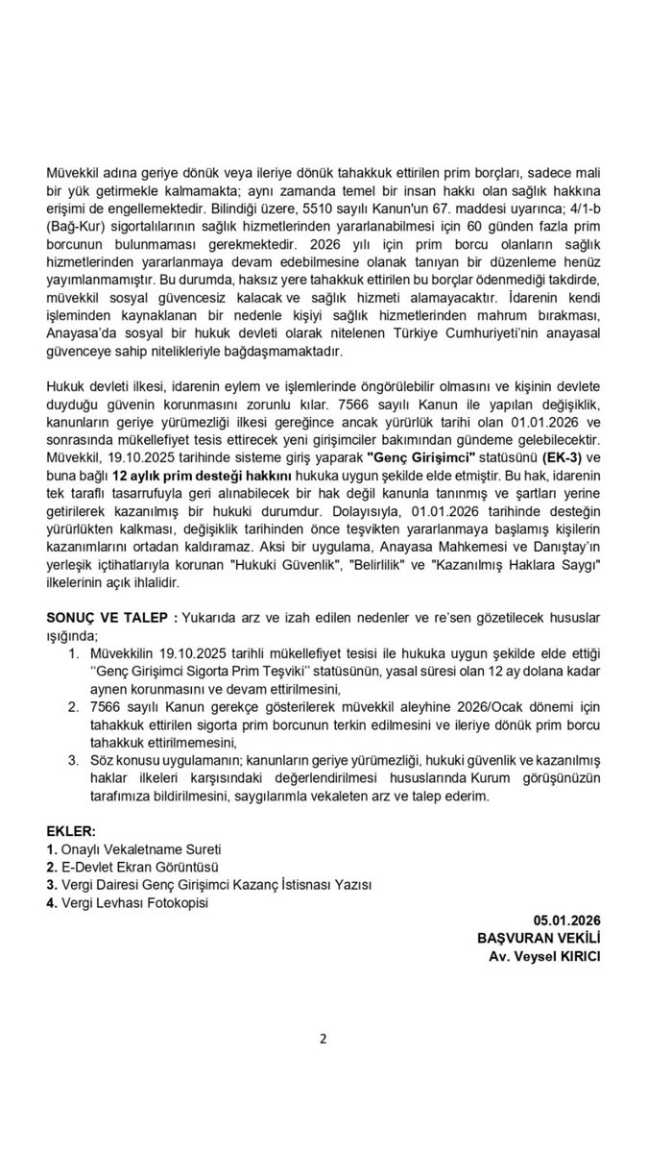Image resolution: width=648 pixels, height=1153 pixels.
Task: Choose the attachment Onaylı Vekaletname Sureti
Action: (140, 848)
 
